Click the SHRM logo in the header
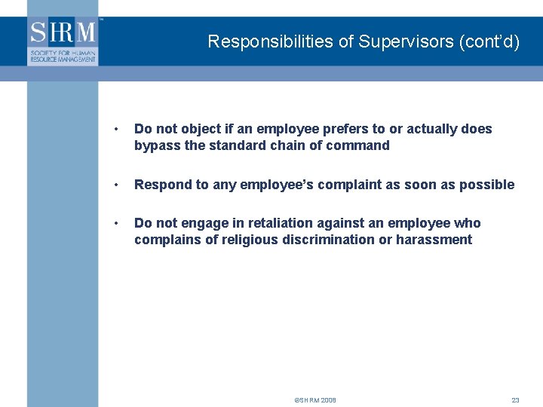point(63,42)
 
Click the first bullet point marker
point(115,129)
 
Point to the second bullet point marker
point(115,185)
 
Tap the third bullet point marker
point(115,223)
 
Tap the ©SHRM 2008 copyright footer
point(315,400)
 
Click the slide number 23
point(515,400)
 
